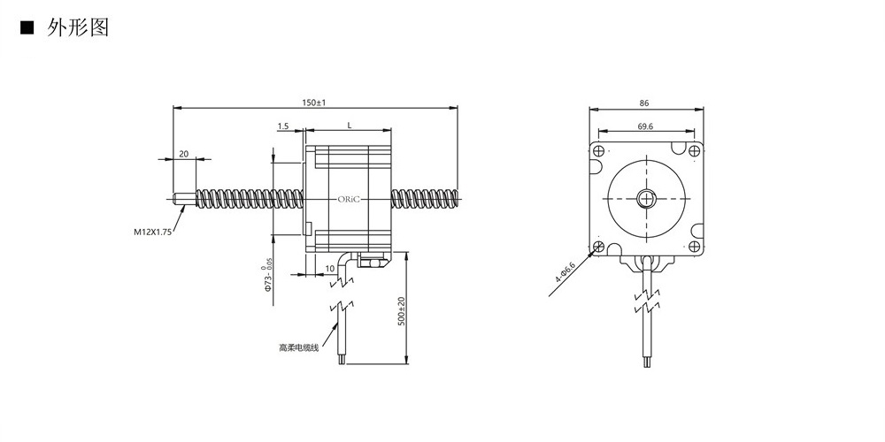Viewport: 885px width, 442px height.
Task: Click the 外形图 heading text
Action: [77, 27]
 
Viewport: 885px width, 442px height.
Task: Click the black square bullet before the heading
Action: [27, 27]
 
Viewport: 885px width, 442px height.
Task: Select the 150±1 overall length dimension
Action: [314, 103]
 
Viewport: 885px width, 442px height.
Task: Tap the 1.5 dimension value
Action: [283, 126]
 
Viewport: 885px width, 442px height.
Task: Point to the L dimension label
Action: [350, 126]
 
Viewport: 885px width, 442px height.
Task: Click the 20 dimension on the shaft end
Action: [183, 154]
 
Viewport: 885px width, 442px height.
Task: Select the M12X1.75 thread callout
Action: [152, 231]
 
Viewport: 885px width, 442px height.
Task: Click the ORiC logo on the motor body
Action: [349, 199]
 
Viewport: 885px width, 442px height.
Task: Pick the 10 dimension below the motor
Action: [330, 269]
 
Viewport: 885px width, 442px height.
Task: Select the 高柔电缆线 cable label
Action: [298, 347]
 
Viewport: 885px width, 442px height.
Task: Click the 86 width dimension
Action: [644, 103]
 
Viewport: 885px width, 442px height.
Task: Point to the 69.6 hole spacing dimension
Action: [646, 126]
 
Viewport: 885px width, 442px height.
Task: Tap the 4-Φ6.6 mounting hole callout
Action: [565, 271]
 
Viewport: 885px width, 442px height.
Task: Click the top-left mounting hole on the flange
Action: [599, 151]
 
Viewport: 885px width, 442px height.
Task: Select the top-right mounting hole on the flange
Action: [695, 151]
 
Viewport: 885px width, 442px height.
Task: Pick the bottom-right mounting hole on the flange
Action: [695, 247]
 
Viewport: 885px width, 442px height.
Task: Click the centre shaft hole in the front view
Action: [647, 198]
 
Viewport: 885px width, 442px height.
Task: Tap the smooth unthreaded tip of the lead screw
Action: [185, 199]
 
